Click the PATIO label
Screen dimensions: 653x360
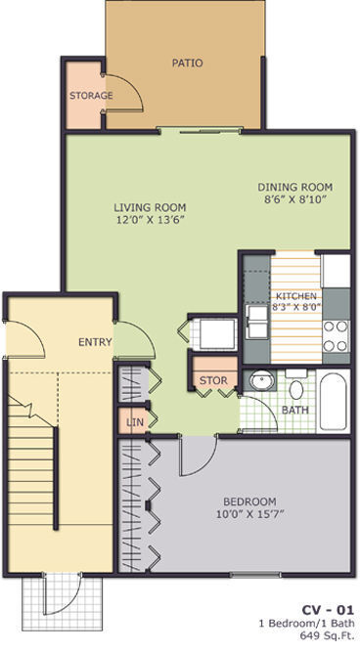click(x=187, y=63)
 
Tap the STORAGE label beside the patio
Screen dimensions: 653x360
click(x=90, y=96)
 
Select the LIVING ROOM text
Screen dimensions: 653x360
click(x=150, y=207)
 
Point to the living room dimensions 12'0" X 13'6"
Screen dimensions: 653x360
click(x=150, y=220)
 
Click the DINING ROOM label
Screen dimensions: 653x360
click(x=295, y=187)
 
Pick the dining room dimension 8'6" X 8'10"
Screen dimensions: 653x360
click(x=295, y=199)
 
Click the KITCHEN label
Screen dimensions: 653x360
click(x=294, y=296)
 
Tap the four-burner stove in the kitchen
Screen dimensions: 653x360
click(x=336, y=336)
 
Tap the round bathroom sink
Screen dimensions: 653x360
click(x=259, y=381)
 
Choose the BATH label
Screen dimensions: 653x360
click(x=294, y=411)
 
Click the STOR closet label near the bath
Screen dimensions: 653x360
click(x=212, y=380)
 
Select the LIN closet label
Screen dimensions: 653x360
click(x=134, y=422)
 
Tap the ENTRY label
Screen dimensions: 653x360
click(x=95, y=342)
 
